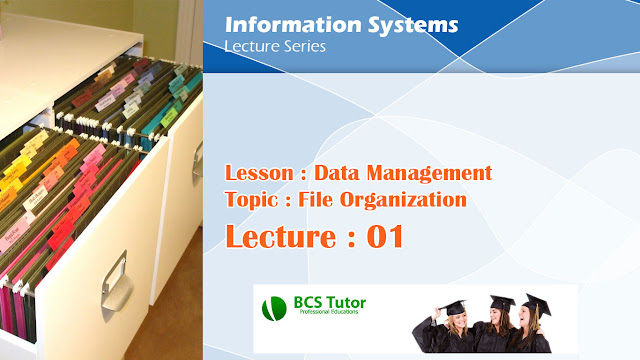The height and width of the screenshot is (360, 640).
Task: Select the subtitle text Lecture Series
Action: point(274,46)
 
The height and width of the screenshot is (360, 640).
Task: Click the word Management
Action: point(436,173)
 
